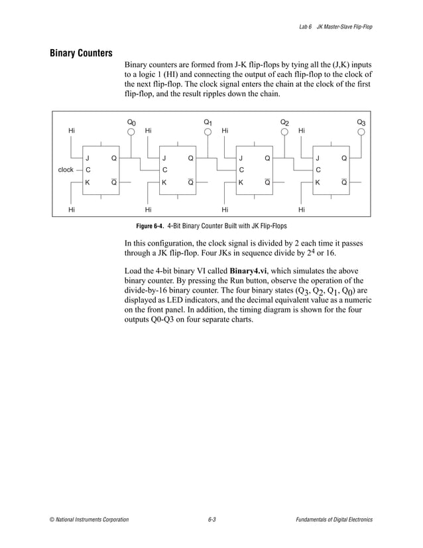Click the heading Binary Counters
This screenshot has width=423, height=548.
pyautogui.click(x=81, y=53)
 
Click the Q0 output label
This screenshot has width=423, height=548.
pyautogui.click(x=131, y=122)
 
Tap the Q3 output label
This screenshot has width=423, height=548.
pyautogui.click(x=361, y=122)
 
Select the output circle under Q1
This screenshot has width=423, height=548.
pyautogui.click(x=208, y=131)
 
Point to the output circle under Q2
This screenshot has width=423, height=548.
pyautogui.click(x=284, y=131)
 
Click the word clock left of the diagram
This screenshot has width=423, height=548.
pyautogui.click(x=66, y=170)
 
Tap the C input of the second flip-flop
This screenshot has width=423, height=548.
pyautogui.click(x=165, y=171)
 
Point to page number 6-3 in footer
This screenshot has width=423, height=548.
pyautogui.click(x=211, y=519)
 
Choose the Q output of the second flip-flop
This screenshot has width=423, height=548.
pyautogui.click(x=191, y=159)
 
